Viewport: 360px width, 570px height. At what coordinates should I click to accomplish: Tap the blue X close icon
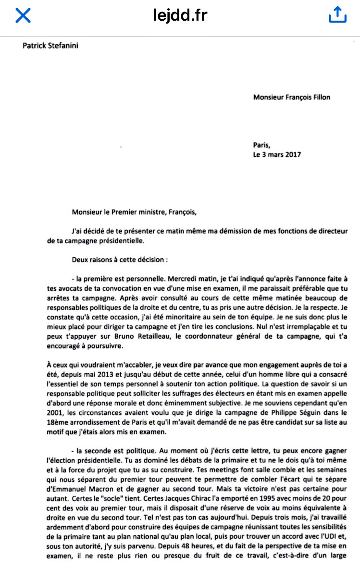coord(23,16)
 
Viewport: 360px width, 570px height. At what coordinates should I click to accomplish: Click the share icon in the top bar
coord(337,15)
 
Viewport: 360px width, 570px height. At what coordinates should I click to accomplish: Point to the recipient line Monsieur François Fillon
coord(291,97)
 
